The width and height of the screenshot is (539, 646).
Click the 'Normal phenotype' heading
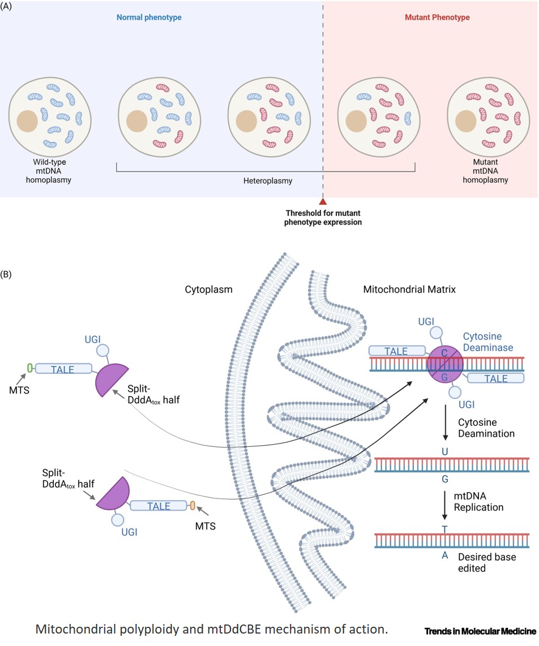coord(149,18)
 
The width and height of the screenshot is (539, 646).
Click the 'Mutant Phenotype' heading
coord(437,18)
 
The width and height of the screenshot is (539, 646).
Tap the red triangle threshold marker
coord(323,201)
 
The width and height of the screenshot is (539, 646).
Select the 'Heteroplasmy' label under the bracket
coord(264,181)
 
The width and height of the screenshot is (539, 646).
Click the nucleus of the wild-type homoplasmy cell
coord(27,121)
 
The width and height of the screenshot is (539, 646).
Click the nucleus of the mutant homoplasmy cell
coord(465,121)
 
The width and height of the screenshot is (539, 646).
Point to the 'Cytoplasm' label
coord(209,289)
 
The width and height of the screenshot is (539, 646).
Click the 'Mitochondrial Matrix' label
coord(409,289)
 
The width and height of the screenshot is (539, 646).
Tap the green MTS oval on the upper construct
coord(29,368)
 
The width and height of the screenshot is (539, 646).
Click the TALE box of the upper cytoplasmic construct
coord(63,369)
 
